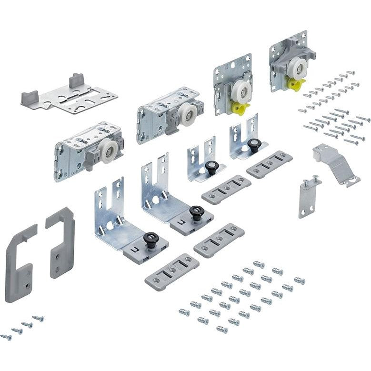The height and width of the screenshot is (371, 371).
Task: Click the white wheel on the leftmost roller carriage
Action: [x=109, y=151]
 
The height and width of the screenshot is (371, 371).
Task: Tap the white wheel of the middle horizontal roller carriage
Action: [x=188, y=115]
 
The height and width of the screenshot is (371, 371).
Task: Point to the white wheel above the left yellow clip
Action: [x=242, y=89]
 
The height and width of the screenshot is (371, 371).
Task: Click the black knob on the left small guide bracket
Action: [x=211, y=167]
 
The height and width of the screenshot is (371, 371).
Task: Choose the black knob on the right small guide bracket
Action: [x=254, y=144]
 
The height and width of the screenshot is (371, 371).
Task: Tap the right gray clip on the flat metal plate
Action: [x=77, y=81]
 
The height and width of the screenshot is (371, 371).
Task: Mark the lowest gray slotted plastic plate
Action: [x=171, y=271]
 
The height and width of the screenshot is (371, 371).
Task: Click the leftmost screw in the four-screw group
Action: [x=6, y=337]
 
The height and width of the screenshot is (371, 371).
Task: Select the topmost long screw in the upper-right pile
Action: [x=351, y=73]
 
